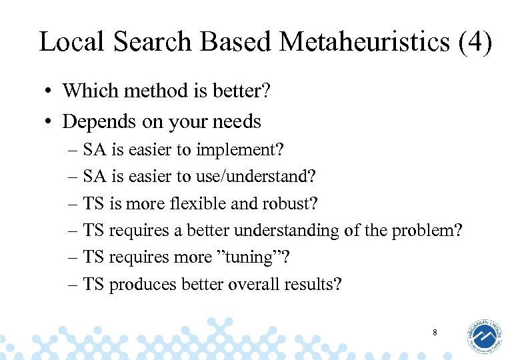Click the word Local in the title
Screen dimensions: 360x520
click(x=72, y=41)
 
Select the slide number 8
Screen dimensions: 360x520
click(x=434, y=332)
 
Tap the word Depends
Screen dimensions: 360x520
click(x=92, y=122)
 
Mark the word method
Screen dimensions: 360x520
click(x=146, y=91)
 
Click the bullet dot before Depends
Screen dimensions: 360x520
click(x=49, y=122)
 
